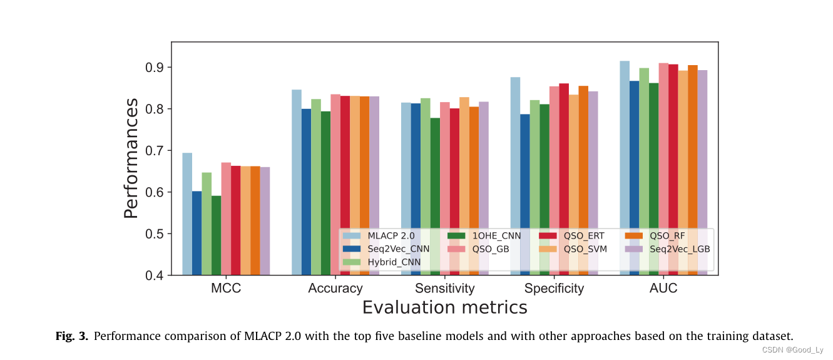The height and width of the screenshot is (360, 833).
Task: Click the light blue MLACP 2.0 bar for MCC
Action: pyautogui.click(x=187, y=213)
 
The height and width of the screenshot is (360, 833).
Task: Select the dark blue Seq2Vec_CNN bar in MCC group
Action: pyautogui.click(x=197, y=232)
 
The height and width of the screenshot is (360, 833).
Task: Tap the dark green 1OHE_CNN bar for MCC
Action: pyautogui.click(x=216, y=235)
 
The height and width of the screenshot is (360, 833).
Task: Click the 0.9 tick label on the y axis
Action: pyautogui.click(x=154, y=67)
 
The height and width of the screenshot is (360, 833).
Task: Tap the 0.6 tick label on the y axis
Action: pyautogui.click(x=154, y=192)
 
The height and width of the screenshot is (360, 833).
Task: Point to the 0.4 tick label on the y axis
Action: pyautogui.click(x=154, y=275)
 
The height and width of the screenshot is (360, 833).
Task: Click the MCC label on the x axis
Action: pyautogui.click(x=225, y=289)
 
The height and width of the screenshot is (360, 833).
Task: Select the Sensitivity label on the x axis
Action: pyautogui.click(x=445, y=289)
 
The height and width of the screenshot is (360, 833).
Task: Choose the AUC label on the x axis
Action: pyautogui.click(x=663, y=289)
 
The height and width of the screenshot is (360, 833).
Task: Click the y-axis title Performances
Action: pyautogui.click(x=130, y=158)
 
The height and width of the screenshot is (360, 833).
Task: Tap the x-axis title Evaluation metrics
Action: pyautogui.click(x=444, y=308)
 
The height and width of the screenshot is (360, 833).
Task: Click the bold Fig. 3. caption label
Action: pyautogui.click(x=73, y=336)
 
